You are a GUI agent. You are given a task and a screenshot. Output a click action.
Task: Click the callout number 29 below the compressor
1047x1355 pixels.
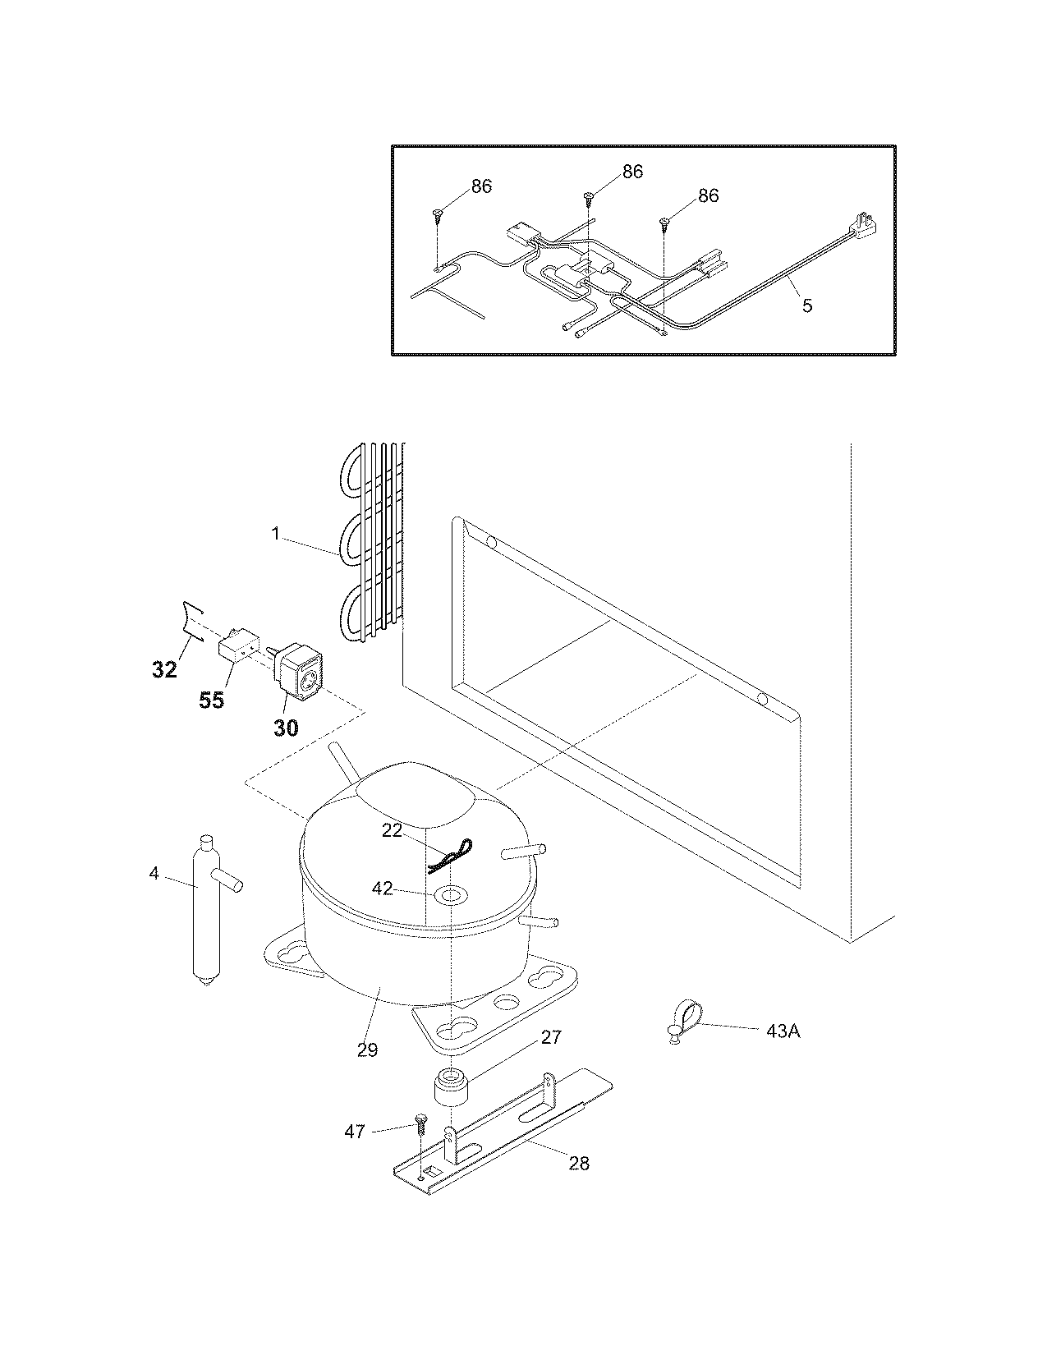[367, 1049]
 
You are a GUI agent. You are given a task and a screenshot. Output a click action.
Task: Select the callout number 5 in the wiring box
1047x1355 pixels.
[807, 305]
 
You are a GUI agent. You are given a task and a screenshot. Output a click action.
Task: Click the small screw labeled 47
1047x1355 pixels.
[421, 1120]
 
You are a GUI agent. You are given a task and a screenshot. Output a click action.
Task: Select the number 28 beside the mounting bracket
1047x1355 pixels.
[579, 1164]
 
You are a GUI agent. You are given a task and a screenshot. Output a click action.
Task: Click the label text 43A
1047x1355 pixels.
[783, 1031]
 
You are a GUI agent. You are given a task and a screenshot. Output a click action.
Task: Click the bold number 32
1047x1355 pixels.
[164, 669]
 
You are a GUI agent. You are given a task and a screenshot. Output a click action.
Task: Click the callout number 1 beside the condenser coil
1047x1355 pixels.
[277, 534]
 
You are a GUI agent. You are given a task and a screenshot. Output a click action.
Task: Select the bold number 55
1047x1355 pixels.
[212, 700]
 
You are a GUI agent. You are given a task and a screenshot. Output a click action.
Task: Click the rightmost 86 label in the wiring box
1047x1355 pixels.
[708, 195]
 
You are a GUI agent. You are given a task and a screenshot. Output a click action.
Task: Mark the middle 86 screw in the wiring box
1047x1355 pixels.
[589, 197]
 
